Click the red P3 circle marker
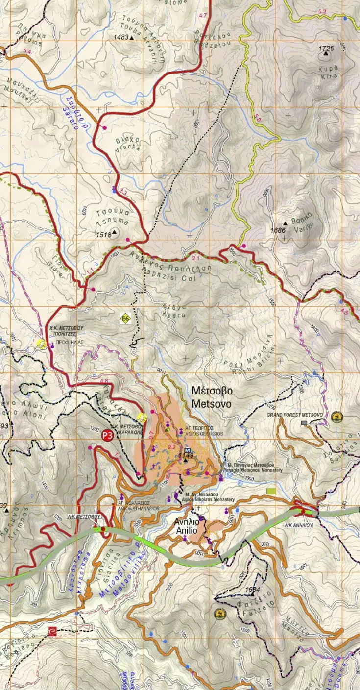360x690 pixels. coord(107,435)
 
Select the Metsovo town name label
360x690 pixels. coord(212,397)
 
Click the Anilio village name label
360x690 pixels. coord(186,526)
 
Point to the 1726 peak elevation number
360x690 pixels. coord(326,49)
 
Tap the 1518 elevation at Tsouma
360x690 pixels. coord(103,234)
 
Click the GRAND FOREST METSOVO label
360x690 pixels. coord(295,415)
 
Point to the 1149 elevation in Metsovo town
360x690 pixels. coord(186,455)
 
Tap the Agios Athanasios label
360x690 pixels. coord(138,505)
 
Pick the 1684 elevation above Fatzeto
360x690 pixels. coord(252,590)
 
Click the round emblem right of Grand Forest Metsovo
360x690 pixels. coord(336,417)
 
